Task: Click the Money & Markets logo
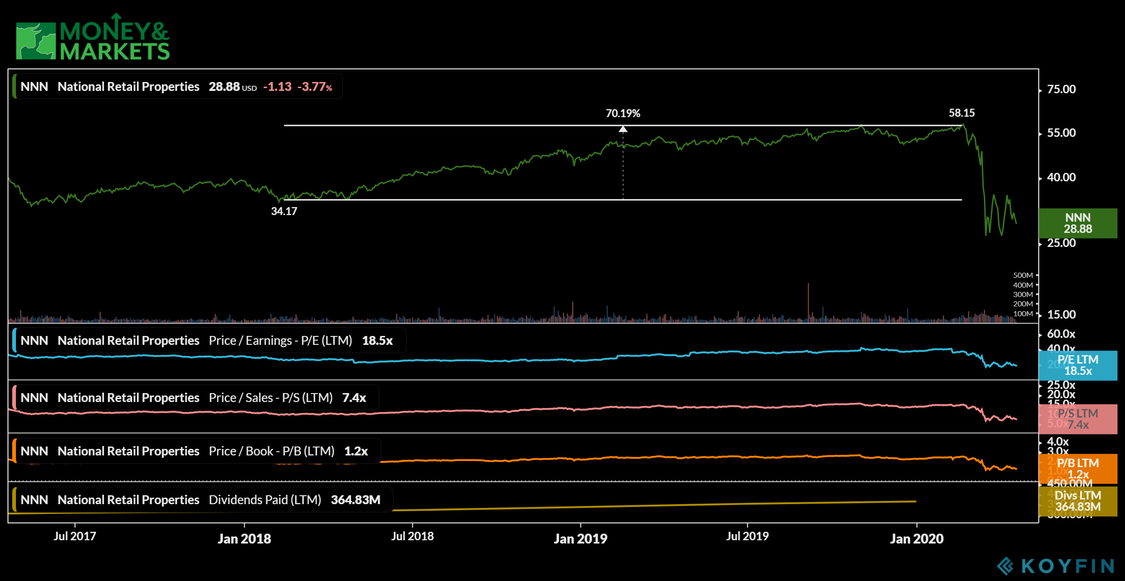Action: [x=92, y=37]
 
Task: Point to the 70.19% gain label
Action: [x=622, y=113]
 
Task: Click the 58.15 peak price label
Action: [x=961, y=113]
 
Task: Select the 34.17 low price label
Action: [x=284, y=211]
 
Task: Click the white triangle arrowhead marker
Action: [x=623, y=129]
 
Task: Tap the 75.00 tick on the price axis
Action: [x=1061, y=89]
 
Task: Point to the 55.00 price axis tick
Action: [x=1061, y=133]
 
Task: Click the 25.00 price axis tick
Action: [x=1061, y=243]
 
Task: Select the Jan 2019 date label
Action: [x=580, y=539]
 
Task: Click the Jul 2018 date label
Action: [x=412, y=536]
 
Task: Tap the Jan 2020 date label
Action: [x=916, y=539]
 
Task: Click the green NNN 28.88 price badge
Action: [x=1078, y=223]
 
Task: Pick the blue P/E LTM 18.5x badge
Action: [x=1078, y=365]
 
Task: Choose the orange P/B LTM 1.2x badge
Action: [x=1078, y=469]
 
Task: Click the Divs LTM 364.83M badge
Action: [x=1078, y=501]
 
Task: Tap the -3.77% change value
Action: [x=315, y=87]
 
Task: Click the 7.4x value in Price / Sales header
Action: [x=354, y=398]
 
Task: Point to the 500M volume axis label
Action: [x=1023, y=276]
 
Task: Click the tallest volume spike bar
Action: [x=808, y=300]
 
